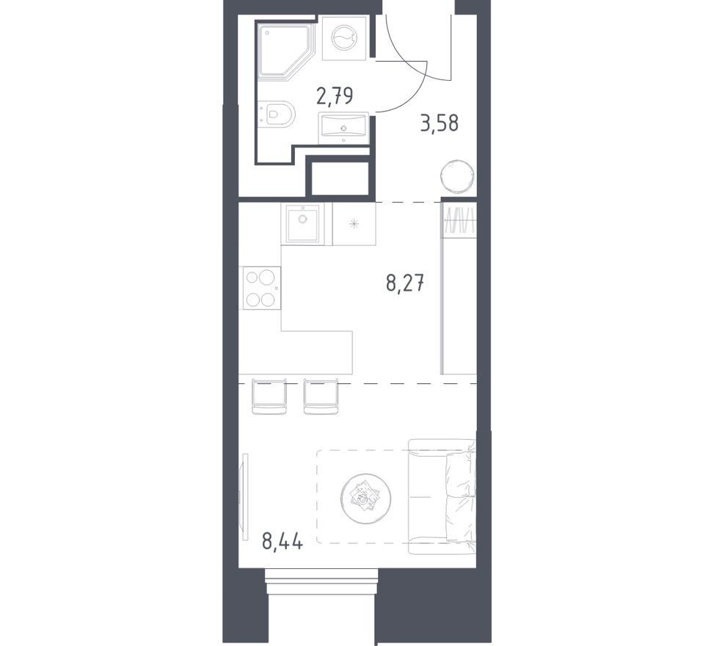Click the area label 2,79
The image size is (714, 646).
[335, 96]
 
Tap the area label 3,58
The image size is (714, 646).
[439, 123]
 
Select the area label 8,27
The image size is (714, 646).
[405, 283]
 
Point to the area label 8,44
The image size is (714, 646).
[283, 542]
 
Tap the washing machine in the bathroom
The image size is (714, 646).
[344, 38]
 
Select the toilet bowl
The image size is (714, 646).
[277, 112]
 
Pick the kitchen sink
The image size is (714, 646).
[302, 223]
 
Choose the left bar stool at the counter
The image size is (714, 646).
[270, 396]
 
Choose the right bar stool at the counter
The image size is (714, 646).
[322, 396]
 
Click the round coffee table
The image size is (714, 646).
[365, 497]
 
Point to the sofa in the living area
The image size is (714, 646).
[442, 496]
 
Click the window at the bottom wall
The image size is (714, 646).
[321, 581]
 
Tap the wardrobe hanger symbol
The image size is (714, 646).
[459, 220]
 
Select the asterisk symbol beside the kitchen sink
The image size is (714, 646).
[354, 224]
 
